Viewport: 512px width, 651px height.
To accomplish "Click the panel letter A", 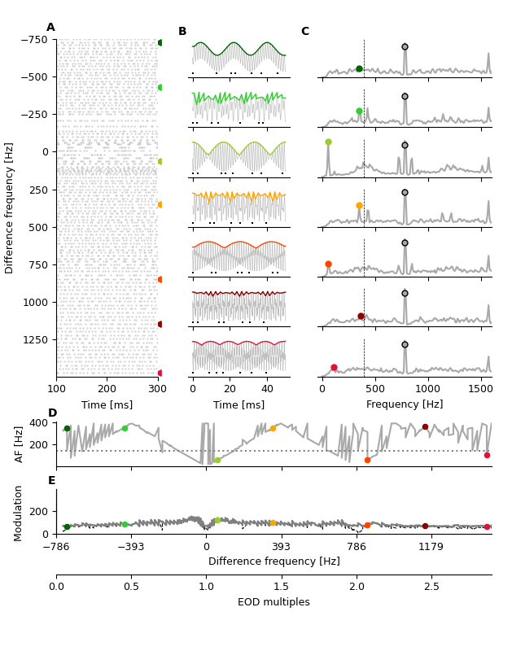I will coord(50,28).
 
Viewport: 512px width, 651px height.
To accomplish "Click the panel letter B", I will coord(182,32).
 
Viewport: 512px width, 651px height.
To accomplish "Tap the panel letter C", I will coord(305,32).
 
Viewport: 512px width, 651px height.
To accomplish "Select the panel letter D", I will coord(52,413).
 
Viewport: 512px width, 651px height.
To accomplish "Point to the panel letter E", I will coord(52,481).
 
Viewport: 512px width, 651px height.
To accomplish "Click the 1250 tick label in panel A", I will coord(36,339).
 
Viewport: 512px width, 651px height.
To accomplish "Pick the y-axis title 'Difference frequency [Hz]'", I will coord(10,208).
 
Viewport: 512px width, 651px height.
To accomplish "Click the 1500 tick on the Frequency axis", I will coord(480,390).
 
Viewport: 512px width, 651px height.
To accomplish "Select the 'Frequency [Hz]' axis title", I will coord(405,404).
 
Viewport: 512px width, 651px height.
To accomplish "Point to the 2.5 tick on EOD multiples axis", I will coord(431,587).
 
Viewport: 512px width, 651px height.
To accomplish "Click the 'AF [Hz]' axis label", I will coord(20,443).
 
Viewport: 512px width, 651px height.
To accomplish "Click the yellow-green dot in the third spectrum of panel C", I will coord(328,142).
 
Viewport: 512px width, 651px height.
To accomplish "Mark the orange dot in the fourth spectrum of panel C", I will coord(359,206).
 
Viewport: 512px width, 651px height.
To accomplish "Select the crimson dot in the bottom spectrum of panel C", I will coord(334,367).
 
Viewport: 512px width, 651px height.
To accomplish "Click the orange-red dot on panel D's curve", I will coord(367,460).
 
